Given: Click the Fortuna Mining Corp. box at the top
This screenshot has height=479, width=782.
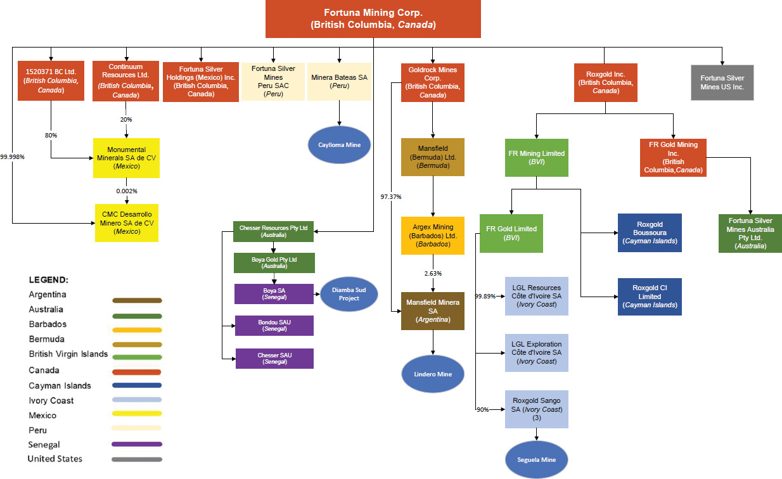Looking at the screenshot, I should coord(373,19).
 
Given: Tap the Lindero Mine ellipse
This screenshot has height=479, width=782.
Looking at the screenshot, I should coord(433,374).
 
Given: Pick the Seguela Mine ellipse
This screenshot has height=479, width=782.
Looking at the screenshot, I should coord(537,459).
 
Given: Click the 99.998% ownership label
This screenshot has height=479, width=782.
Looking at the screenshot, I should coord(12,156).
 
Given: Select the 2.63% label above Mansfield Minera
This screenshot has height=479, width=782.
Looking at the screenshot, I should coord(433,273).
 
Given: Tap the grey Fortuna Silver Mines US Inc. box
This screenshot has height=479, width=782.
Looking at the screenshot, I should coord(722,82).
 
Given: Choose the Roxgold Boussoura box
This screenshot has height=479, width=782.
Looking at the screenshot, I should coord(650,233).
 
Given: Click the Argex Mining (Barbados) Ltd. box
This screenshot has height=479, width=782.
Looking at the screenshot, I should coord(433,235).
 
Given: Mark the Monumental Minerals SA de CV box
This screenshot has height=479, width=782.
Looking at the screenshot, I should coord(126,158).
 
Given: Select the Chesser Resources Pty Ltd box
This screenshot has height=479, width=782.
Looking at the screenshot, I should coord(274,231).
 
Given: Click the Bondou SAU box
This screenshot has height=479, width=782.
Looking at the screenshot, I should coord(274,325).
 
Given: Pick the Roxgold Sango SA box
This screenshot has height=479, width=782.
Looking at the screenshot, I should coord(537,409).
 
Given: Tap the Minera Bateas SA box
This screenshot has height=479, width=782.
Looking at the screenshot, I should coord(339,81).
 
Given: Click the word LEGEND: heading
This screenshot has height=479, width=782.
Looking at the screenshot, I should coord(49,279).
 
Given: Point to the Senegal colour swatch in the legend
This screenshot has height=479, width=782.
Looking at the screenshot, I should coord(136,444).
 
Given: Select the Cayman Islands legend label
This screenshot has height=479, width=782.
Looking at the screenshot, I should coord(60,385).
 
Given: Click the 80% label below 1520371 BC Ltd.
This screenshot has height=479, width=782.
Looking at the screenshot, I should coord(51,134).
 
